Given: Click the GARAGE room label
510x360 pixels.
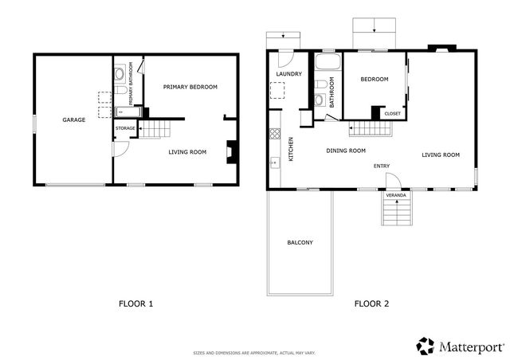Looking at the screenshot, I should [x=74, y=120].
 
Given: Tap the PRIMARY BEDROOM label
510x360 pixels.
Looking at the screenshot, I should [x=190, y=87].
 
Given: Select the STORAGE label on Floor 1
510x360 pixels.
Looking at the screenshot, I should [x=125, y=128].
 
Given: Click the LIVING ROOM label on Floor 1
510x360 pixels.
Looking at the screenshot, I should [x=187, y=151].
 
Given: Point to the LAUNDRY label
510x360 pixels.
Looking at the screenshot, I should [x=288, y=74].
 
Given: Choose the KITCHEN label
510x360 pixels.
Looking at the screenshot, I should [x=291, y=149].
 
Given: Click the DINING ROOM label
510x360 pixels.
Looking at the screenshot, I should [x=346, y=151].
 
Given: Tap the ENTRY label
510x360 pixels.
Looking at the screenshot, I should [x=382, y=166].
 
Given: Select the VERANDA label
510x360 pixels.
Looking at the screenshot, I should [x=396, y=194].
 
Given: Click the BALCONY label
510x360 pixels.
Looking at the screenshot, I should [x=300, y=242].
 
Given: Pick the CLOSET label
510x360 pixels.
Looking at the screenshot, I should [x=393, y=114].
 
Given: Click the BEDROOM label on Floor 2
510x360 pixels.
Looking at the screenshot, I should [x=374, y=80].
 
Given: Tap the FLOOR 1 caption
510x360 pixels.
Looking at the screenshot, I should [x=135, y=303].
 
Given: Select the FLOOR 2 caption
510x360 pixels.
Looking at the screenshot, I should [x=371, y=303].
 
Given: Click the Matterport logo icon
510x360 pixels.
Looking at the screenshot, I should [x=425, y=345].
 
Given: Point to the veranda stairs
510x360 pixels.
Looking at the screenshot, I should [x=396, y=213].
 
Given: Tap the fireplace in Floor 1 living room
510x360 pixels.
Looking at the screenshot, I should [x=231, y=151].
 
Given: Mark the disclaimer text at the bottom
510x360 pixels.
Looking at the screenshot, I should [x=254, y=353].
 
